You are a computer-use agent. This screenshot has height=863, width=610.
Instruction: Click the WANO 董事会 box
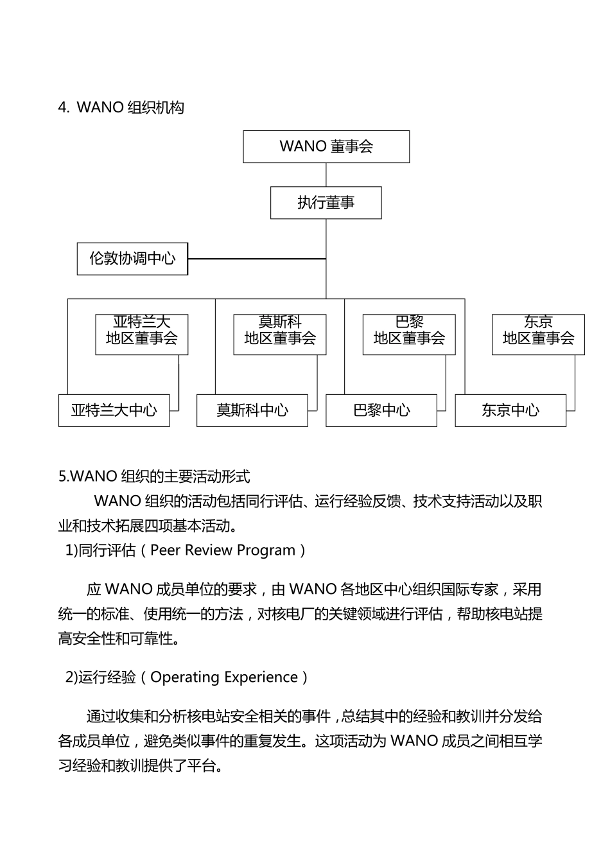click(x=326, y=146)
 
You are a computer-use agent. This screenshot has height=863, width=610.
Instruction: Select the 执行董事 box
click(x=326, y=203)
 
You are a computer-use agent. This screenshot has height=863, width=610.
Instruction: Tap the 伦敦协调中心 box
click(x=132, y=259)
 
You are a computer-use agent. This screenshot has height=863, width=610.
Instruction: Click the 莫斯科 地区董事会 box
click(x=280, y=334)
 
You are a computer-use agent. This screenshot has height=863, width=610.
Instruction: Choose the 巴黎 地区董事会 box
click(x=409, y=334)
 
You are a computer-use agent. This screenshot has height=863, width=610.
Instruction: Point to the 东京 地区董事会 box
click(x=538, y=334)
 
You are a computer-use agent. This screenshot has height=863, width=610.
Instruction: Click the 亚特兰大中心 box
click(x=114, y=410)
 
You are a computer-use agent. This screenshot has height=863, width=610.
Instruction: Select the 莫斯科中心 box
click(x=252, y=410)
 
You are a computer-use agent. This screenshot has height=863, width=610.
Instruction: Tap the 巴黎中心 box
click(x=381, y=410)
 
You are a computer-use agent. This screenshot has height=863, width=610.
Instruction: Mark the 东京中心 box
click(x=510, y=410)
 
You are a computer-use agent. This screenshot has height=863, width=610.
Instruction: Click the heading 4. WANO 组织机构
click(x=121, y=107)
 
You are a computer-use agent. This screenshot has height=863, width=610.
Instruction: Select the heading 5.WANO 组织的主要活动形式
click(x=154, y=476)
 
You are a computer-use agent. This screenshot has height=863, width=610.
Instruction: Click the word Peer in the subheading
click(x=165, y=550)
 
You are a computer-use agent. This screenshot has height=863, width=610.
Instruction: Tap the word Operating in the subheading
click(x=181, y=677)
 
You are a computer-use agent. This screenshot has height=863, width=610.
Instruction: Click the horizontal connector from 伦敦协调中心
click(x=257, y=259)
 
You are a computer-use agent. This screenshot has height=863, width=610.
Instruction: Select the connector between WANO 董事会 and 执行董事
click(x=326, y=175)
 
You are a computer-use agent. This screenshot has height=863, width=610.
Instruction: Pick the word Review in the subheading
click(x=209, y=550)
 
